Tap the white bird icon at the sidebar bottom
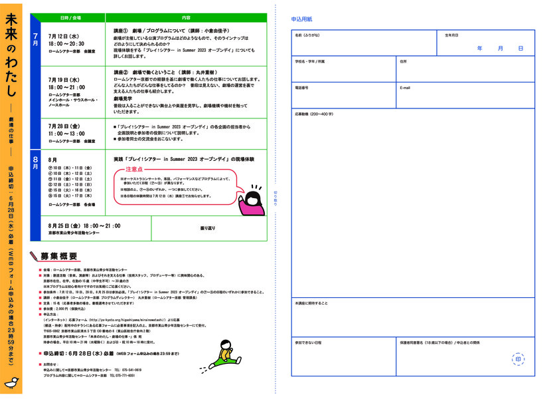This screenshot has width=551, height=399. pos(11,383)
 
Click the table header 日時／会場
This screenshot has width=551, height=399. pos(70,17)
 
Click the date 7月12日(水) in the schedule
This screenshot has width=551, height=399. pos(64,36)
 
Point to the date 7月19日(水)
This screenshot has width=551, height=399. pos(64,79)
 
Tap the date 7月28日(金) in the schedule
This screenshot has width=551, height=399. pos(64,125)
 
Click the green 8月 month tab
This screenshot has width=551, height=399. pos(36,162)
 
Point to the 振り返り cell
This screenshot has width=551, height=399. pos(208,228)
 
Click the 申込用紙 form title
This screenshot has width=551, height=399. pos(302,21)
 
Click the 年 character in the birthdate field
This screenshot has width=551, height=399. pos(479,49)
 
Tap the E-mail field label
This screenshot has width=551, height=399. pos(405,88)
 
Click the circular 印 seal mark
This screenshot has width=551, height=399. pos(518,360)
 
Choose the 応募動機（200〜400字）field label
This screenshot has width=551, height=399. pos(314,114)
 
